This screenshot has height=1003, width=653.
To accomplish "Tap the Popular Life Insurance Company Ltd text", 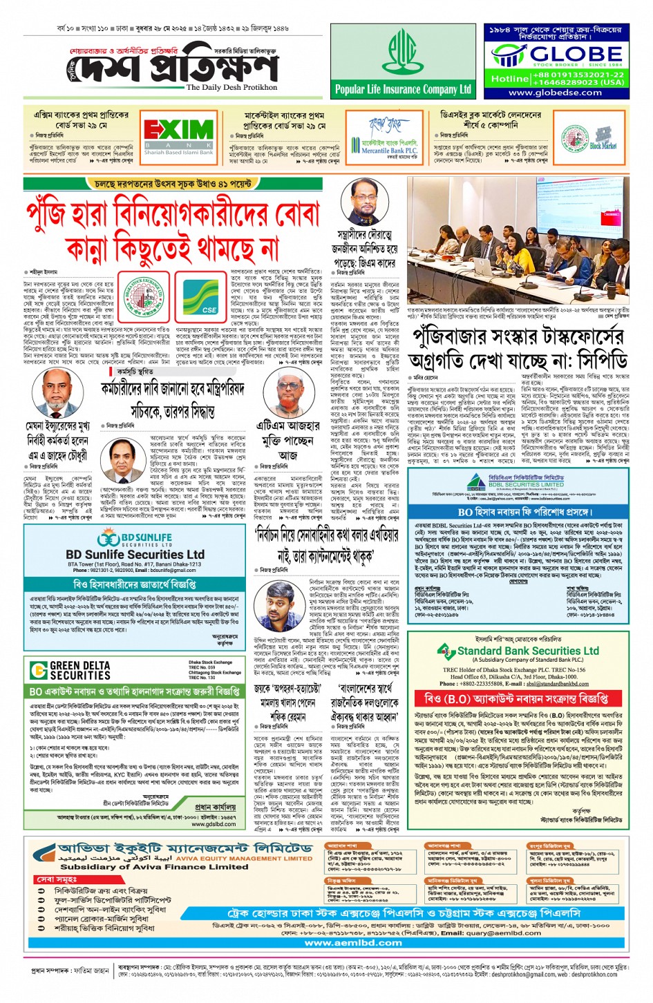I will (x=402, y=89).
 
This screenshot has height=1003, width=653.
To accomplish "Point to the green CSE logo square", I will (x=200, y=297).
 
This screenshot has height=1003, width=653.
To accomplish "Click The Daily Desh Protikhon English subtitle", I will (x=231, y=88).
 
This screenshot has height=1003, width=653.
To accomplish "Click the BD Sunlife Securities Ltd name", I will (x=135, y=554).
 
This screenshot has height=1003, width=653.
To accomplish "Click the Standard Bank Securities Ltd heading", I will (x=528, y=651).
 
